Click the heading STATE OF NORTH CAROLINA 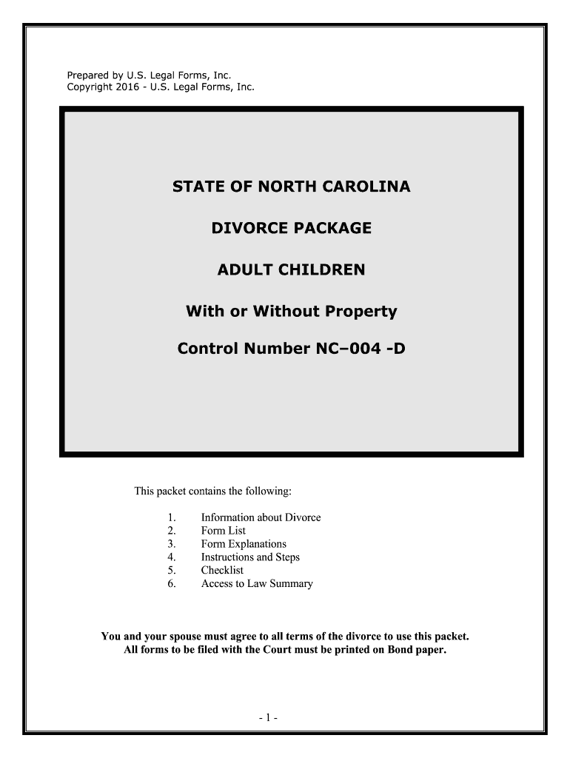pos(291,187)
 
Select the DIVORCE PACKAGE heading pos(291,229)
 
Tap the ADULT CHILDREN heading pos(291,270)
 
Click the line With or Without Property pos(291,312)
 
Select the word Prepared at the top pos(88,75)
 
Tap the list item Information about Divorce pos(261,517)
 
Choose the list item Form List pos(224,531)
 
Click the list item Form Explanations pos(244,544)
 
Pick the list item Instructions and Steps pos(250,557)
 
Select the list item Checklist pos(222,571)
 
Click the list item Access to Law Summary pos(257,584)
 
